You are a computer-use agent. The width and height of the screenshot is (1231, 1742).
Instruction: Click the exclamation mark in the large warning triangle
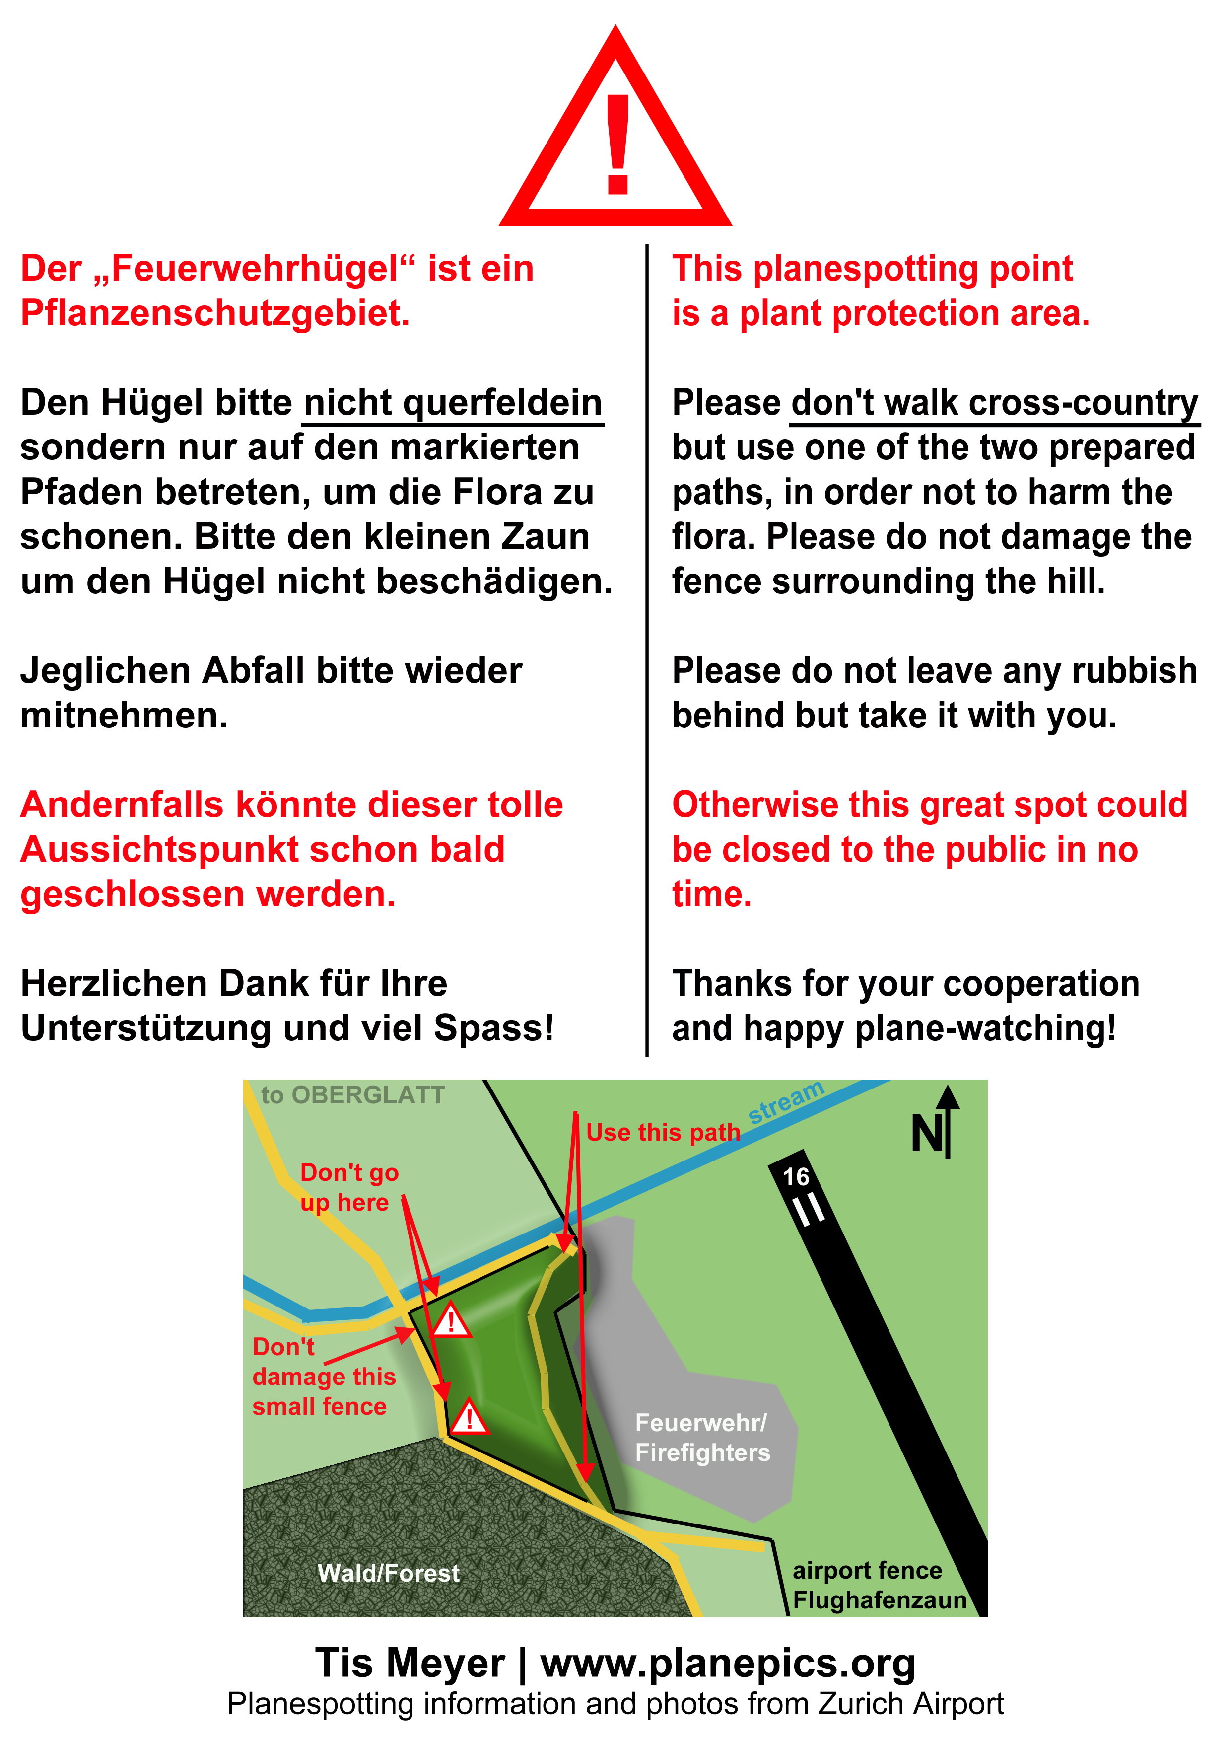point(617,144)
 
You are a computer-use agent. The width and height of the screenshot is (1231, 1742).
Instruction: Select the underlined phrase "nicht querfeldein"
point(452,403)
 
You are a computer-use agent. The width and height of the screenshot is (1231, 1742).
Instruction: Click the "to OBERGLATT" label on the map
point(353,1095)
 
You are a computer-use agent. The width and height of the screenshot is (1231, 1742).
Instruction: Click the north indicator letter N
point(926,1135)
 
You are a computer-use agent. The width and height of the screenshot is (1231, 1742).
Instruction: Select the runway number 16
point(796,1177)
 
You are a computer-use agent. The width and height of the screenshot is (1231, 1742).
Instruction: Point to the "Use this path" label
point(663,1132)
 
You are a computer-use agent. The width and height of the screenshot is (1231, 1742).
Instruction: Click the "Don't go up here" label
point(348,1187)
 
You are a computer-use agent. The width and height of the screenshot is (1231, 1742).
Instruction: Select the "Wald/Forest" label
point(388,1573)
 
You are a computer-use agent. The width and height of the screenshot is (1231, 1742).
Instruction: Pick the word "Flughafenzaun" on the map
point(879,1600)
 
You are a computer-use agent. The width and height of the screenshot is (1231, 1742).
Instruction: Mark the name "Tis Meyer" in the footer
point(410,1663)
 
